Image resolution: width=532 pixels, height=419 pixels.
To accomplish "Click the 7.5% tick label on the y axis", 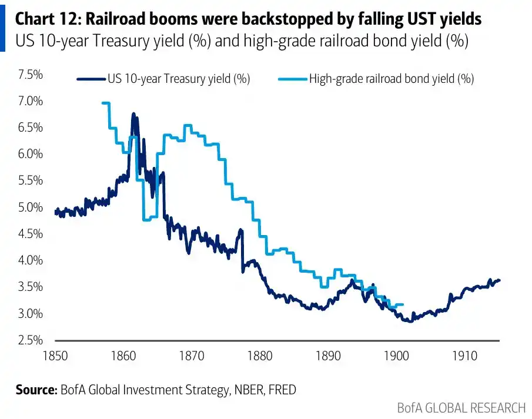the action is pos(31,74).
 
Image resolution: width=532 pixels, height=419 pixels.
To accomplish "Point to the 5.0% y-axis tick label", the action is pos(31,207).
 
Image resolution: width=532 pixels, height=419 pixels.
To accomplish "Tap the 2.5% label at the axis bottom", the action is pos(31,340).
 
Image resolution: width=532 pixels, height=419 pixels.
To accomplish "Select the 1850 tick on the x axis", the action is pos(55,356).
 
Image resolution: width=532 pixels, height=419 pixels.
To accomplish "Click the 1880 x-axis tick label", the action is pos(260,356).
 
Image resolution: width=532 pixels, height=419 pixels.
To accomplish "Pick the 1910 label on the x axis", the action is pos(465,356).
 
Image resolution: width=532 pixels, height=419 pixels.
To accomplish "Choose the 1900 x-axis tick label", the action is pos(396,356).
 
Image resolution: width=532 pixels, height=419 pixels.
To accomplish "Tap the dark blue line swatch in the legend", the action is pos(91,79).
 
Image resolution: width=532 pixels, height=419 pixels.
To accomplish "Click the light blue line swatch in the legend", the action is pos(293,79).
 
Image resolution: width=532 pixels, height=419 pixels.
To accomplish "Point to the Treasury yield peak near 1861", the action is pos(133,113).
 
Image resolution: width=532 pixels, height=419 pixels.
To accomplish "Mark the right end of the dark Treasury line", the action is pos(499,280).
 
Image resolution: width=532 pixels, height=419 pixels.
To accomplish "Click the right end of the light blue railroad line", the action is pos(403,304).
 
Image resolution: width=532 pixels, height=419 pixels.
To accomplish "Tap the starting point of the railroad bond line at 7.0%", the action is pos(103,103).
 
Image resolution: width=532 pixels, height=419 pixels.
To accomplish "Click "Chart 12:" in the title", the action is pos(48,19).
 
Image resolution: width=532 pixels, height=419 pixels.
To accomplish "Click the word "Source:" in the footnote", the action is pos(36,390).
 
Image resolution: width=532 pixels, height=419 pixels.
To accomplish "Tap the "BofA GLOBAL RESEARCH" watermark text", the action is pos(461,408).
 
